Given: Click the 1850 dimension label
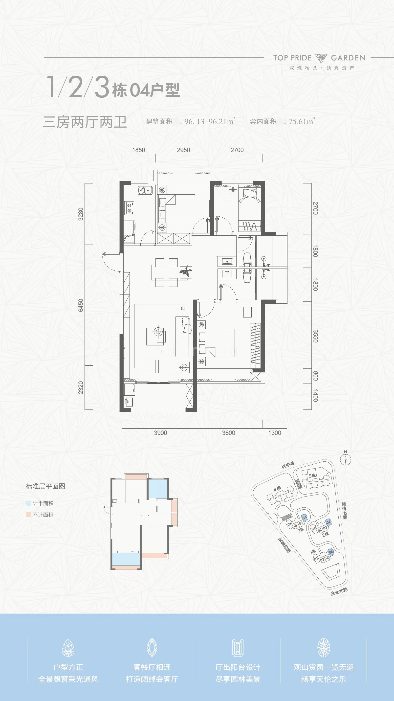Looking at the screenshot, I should tap(138, 150).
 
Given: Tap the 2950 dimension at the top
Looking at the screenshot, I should tap(183, 150).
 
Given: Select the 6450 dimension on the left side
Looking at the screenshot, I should tap(81, 305).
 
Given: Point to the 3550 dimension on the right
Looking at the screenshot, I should tap(315, 336).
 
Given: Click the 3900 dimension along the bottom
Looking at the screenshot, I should tap(160, 433).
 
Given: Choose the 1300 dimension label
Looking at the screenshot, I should tap(275, 433).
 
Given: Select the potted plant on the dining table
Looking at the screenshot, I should tap(186, 271).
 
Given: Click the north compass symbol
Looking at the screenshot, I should tap(346, 460).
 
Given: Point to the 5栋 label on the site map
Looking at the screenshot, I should tap(312, 476).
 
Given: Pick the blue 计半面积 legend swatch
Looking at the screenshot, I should tap(28, 503).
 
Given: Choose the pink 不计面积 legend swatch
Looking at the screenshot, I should tap(28, 515).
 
